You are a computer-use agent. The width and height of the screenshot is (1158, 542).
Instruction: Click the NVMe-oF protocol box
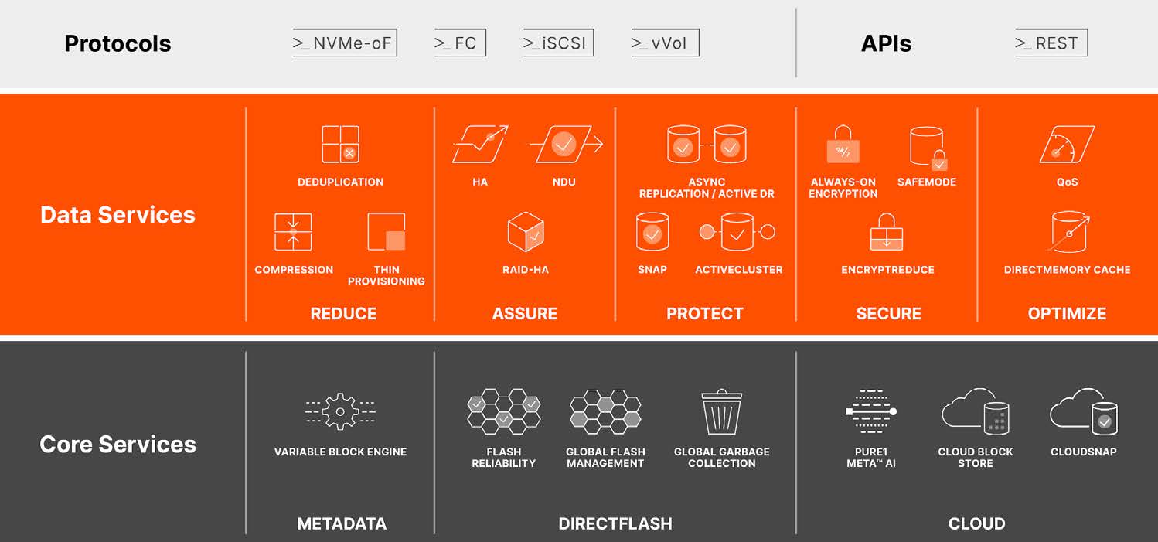(345, 43)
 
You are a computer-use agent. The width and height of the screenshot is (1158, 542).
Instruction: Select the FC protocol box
(460, 43)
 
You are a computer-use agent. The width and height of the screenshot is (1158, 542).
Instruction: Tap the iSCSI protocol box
(558, 43)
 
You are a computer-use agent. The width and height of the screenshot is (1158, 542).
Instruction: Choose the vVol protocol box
(666, 43)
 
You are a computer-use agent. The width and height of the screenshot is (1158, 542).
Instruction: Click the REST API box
(1051, 43)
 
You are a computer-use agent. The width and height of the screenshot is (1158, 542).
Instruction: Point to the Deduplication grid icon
(340, 145)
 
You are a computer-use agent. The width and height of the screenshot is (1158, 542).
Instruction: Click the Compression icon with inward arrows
(293, 232)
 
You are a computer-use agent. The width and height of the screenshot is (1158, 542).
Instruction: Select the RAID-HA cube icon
(526, 232)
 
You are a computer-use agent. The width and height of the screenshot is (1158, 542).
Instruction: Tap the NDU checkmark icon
(564, 145)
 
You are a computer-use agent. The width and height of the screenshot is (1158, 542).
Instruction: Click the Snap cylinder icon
(652, 232)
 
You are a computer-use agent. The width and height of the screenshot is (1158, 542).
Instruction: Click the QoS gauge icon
(1067, 145)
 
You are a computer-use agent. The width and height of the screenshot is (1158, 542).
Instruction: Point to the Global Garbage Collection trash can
(722, 411)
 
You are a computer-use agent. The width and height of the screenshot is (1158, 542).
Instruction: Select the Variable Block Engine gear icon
(340, 411)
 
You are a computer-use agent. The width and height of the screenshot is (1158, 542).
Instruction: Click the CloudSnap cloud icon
(1084, 411)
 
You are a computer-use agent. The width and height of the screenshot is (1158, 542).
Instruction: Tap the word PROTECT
(705, 313)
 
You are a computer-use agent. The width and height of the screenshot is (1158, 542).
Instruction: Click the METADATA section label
(342, 523)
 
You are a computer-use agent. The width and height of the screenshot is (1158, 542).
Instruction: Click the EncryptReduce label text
(887, 269)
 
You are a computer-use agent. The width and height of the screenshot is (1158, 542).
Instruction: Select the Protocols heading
(118, 43)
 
